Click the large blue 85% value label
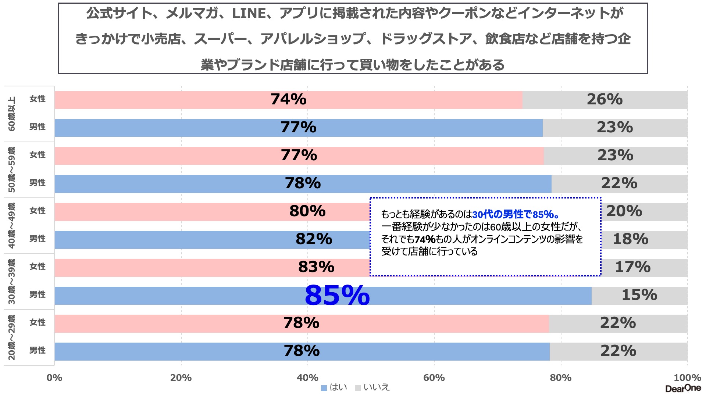(x=337, y=295)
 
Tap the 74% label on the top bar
(x=288, y=99)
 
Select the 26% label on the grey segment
(x=605, y=99)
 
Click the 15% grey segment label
(x=639, y=295)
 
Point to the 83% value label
(x=316, y=267)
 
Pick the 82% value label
(x=314, y=239)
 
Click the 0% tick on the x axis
(x=54, y=378)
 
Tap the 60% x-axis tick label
(x=434, y=378)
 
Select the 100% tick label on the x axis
(x=687, y=378)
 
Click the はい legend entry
(x=334, y=387)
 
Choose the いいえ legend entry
(x=372, y=387)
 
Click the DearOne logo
(x=683, y=388)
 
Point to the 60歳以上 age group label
(x=12, y=114)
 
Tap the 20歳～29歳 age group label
(x=12, y=337)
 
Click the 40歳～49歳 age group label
(x=12, y=225)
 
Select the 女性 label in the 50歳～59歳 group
(x=38, y=155)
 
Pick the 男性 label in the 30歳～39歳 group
(x=38, y=294)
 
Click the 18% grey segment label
(x=630, y=239)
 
